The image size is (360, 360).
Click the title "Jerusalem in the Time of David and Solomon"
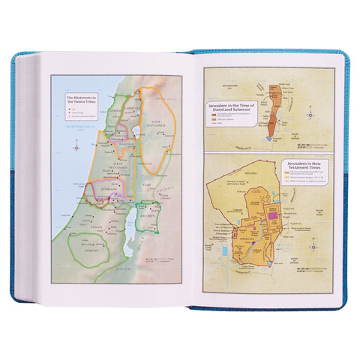[237, 109]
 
